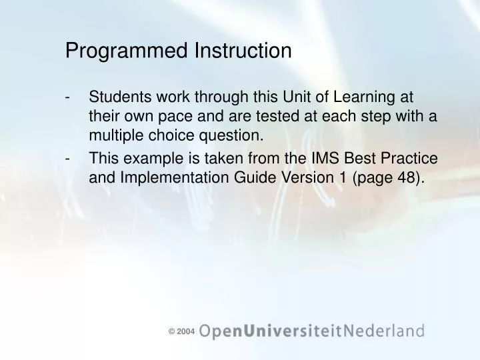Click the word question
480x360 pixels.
tap(230, 137)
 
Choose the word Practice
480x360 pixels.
tap(405, 158)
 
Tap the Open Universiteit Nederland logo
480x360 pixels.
tap(311, 330)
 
